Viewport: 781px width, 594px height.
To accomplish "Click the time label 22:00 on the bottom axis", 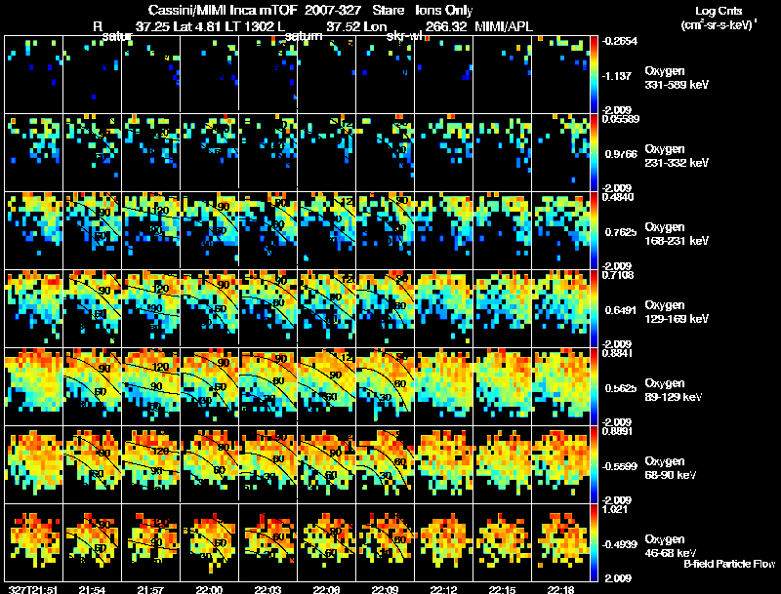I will coord(209,589).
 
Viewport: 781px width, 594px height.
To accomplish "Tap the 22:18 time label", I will coord(561,589).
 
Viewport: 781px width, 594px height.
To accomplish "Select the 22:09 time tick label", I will coord(385,589).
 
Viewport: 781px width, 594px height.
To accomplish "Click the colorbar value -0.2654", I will coord(621,42).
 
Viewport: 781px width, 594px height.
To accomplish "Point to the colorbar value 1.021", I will coord(619,508).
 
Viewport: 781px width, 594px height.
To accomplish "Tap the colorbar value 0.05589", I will coord(621,120).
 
